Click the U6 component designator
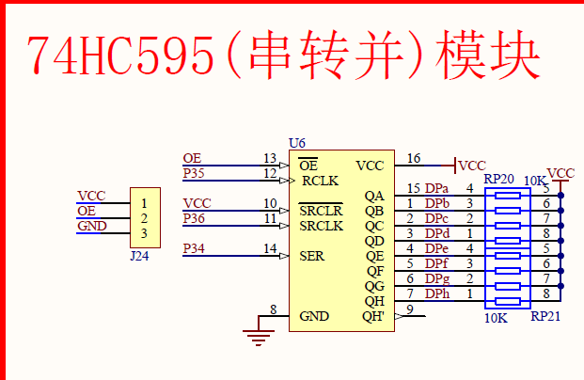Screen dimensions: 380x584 tap(297, 143)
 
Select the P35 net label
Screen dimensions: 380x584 tap(194, 173)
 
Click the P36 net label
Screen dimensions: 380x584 tap(194, 218)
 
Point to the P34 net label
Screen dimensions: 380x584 tap(194, 248)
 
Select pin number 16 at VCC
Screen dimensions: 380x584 tap(414, 158)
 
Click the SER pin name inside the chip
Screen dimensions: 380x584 tap(312, 256)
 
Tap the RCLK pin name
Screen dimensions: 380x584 tap(321, 181)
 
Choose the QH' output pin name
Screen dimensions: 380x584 tap(373, 316)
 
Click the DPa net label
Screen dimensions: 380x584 tap(436, 189)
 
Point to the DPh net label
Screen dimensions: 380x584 tap(436, 294)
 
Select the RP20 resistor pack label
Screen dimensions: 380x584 tap(498, 179)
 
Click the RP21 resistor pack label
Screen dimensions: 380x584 tap(545, 317)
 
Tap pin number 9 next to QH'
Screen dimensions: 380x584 tap(410, 309)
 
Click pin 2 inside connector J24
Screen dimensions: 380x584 tap(143, 218)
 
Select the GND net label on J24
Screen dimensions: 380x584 tap(91, 226)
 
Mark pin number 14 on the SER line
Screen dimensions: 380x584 tap(270, 248)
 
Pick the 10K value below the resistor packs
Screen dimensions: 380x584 tap(496, 318)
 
